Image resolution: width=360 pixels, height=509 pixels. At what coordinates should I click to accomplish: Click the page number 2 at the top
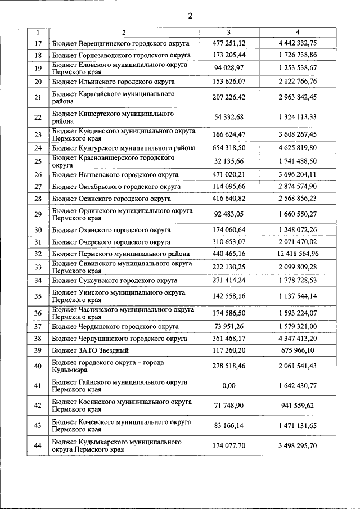(190, 16)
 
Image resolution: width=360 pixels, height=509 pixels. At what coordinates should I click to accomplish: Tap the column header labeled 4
(298, 32)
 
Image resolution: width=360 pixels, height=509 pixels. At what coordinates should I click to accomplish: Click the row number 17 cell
(38, 43)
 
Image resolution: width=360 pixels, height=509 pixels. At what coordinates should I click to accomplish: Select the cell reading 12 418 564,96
(298, 254)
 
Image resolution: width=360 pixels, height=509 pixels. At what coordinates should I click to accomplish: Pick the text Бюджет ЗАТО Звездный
(90, 350)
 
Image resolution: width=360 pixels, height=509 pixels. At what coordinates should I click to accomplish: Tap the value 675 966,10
(298, 350)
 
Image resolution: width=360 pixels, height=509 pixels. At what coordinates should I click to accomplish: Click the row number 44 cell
(38, 445)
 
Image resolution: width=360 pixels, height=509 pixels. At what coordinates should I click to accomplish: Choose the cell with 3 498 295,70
(298, 445)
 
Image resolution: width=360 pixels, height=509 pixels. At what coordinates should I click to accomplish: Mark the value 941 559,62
(298, 406)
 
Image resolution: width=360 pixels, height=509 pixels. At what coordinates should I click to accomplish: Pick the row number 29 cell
(38, 214)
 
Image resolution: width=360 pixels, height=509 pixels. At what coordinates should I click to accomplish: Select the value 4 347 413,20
(298, 339)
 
